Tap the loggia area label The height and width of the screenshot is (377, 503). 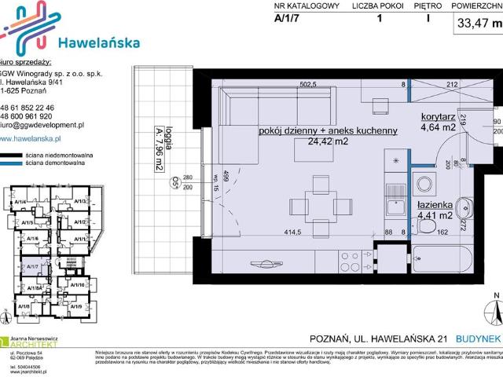tap(159, 160)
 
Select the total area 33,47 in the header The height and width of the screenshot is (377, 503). tap(470, 23)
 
